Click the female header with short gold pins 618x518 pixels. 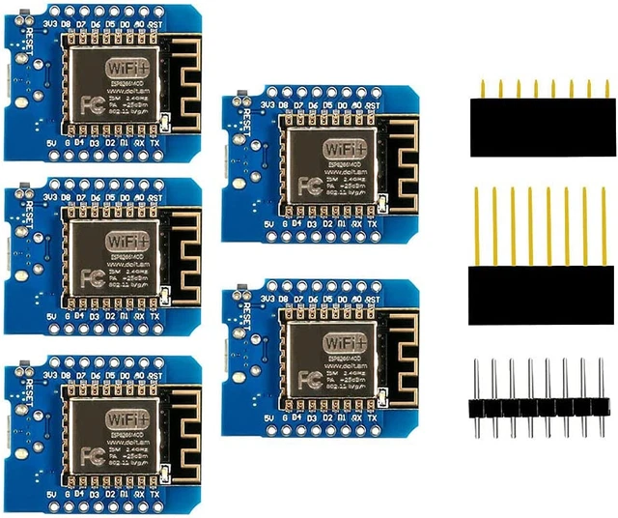click(x=540, y=126)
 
